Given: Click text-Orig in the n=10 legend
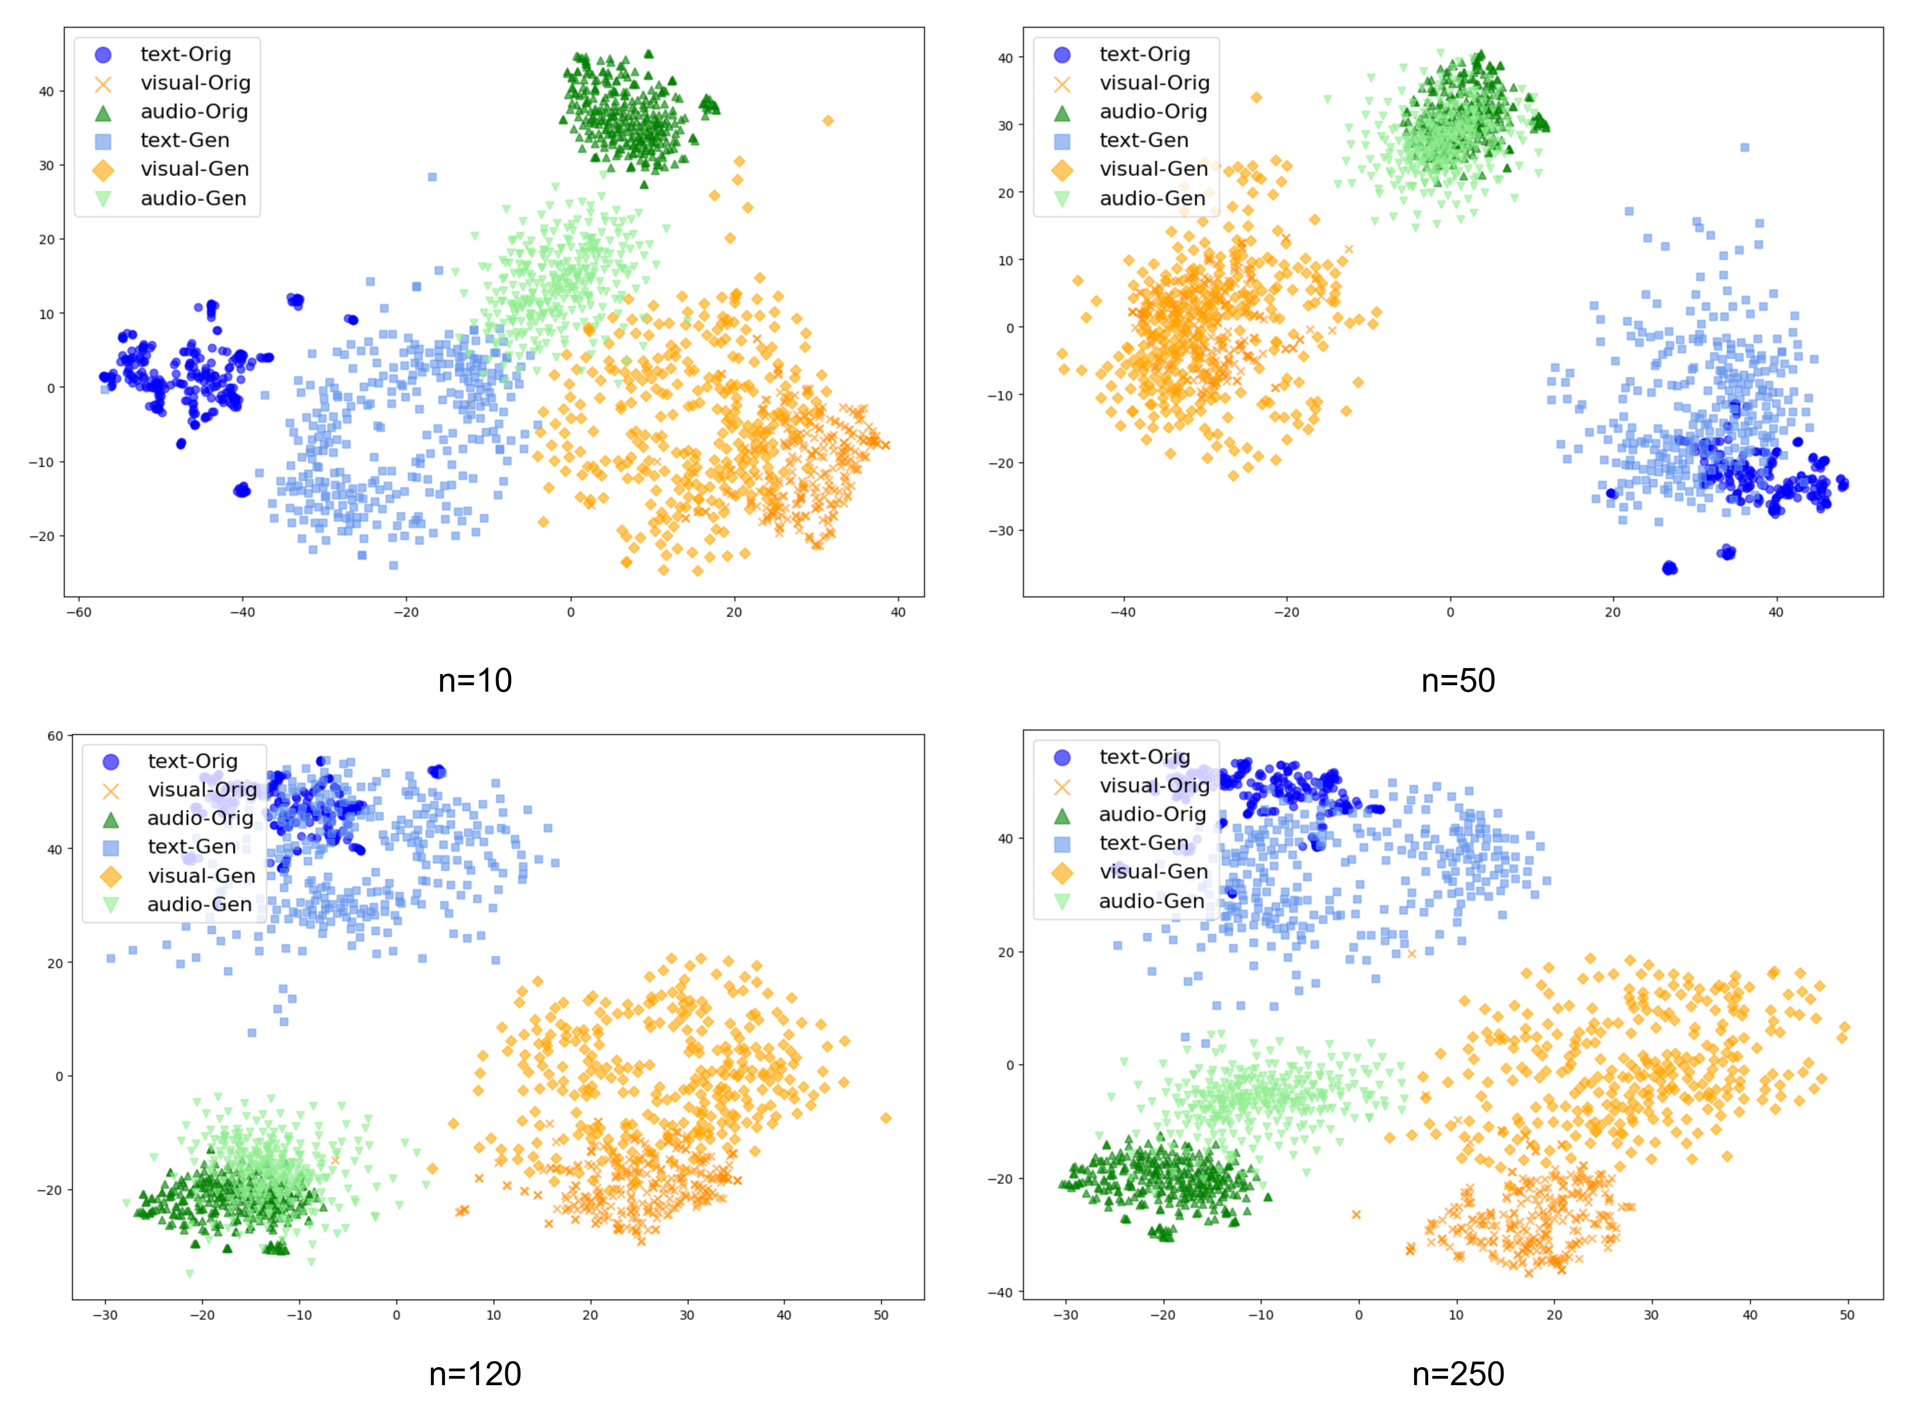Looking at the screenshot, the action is (x=185, y=54).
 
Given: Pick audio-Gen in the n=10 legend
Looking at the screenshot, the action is (x=193, y=198).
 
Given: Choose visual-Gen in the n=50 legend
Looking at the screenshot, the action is (x=1153, y=169).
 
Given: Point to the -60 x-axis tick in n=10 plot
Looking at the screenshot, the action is (x=79, y=612).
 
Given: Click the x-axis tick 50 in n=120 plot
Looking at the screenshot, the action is (x=881, y=1315).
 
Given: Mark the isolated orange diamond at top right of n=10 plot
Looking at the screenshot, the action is (x=828, y=121).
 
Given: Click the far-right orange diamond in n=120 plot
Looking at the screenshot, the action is (x=886, y=1118).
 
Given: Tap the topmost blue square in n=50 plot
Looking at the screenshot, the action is (x=1745, y=147).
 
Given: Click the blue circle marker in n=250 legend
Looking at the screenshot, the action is (x=1062, y=757).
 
